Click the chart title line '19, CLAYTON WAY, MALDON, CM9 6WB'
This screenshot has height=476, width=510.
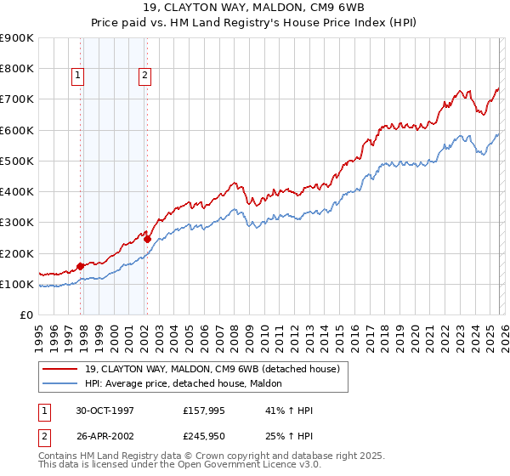click(x=255, y=8)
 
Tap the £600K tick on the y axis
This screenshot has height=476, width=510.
click(x=17, y=130)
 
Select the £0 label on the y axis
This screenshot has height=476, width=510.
click(x=25, y=314)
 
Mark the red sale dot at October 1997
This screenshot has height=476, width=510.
click(x=81, y=266)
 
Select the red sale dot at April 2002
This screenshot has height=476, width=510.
click(x=147, y=239)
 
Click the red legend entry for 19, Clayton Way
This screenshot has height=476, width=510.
click(x=212, y=369)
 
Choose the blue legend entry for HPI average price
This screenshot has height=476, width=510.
click(x=190, y=384)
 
